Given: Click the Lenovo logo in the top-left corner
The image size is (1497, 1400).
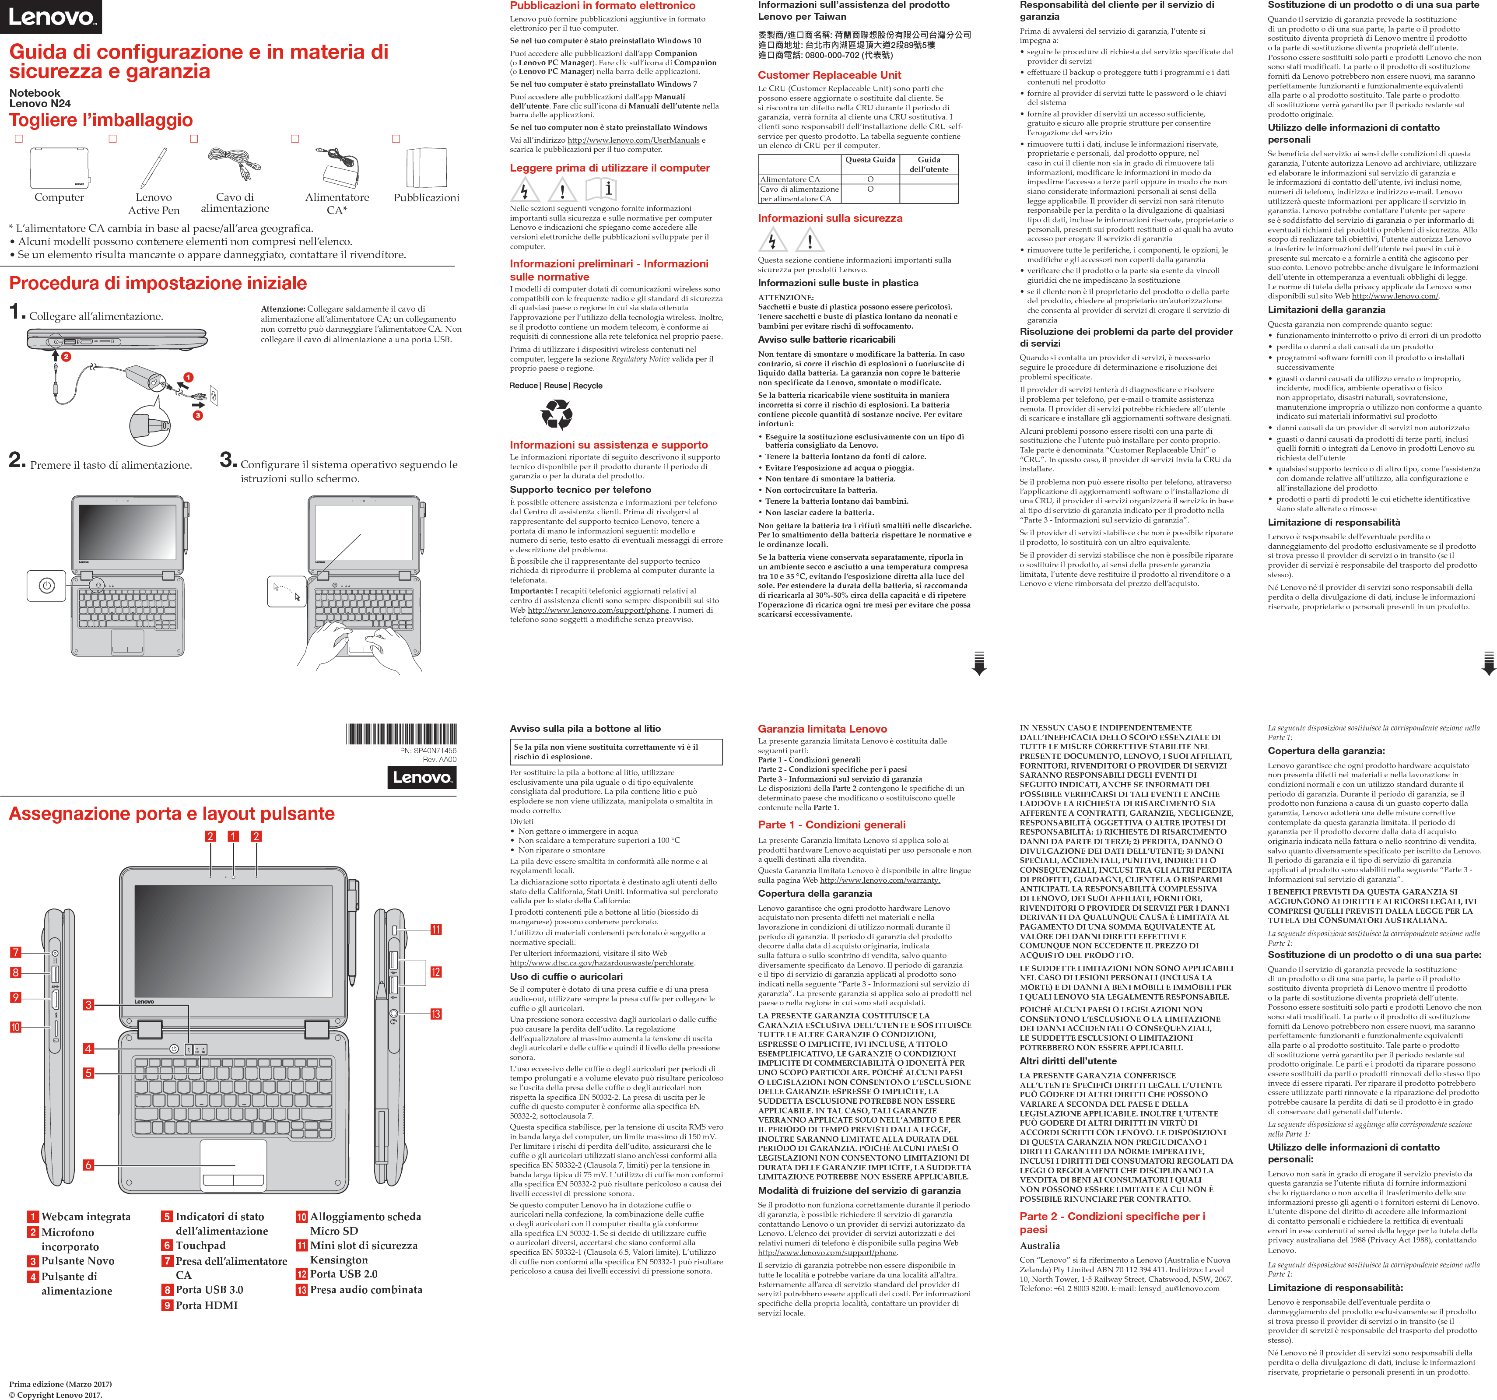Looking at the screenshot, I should pyautogui.click(x=50, y=17).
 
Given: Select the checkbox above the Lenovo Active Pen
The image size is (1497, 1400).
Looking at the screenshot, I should pyautogui.click(x=113, y=139).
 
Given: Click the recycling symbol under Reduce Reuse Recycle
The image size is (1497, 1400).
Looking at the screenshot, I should pyautogui.click(x=557, y=414).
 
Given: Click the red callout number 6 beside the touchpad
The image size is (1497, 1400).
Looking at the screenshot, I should pyautogui.click(x=88, y=1165).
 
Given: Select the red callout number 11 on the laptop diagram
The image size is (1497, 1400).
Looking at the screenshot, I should pyautogui.click(x=436, y=929).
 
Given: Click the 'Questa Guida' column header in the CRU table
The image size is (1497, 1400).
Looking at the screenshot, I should pyautogui.click(x=870, y=160).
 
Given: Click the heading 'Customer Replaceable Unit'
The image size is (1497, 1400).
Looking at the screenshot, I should pyautogui.click(x=829, y=75).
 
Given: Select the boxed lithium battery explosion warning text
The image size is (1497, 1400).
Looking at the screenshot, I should pyautogui.click(x=615, y=751).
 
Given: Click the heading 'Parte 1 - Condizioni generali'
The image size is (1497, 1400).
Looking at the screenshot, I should pyautogui.click(x=831, y=825).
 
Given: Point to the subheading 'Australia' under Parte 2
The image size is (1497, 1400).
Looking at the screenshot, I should pyautogui.click(x=1039, y=1246).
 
